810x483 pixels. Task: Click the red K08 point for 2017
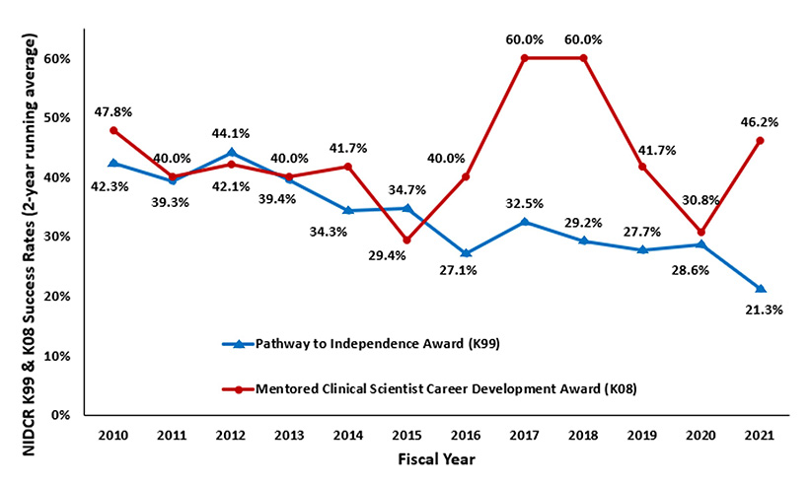coord(525,58)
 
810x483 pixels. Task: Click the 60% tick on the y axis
coord(60,58)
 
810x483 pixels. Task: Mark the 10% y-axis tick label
coord(60,356)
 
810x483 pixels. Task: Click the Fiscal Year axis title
coord(437,458)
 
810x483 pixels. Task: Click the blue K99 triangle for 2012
coord(232,153)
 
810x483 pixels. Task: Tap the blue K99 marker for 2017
coord(525,222)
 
